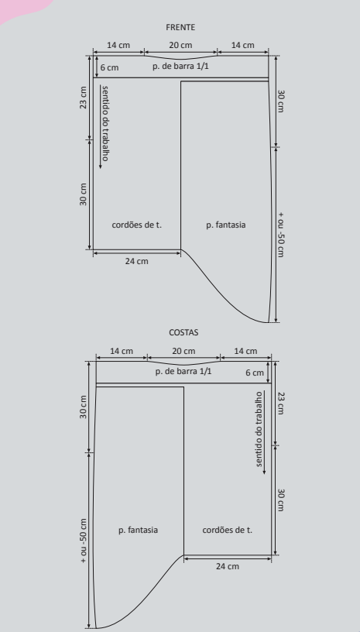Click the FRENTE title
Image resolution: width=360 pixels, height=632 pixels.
point(180,27)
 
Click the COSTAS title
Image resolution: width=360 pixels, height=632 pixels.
point(183,332)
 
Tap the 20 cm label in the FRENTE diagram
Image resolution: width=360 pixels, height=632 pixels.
point(180,45)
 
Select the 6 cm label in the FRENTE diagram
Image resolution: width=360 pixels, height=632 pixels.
point(109,67)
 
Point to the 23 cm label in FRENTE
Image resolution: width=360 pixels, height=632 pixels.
point(83,98)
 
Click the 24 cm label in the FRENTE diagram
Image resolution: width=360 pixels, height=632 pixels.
point(136,261)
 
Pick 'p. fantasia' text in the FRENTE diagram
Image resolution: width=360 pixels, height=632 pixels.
point(226,225)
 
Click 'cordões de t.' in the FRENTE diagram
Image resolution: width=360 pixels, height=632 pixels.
point(136,225)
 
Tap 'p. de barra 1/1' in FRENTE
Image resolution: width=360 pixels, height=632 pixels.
point(180,66)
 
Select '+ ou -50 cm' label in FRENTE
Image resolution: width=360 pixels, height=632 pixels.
point(281,235)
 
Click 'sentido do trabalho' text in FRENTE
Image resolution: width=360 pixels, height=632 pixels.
point(105,123)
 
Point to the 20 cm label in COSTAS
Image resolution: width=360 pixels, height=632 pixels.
point(183,351)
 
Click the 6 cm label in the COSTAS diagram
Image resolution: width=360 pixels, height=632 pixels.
point(255,373)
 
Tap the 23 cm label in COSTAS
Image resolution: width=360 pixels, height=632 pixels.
point(281,403)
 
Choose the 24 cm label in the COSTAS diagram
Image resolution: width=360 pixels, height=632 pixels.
point(228,566)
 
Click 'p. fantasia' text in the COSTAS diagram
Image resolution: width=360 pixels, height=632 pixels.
point(138,530)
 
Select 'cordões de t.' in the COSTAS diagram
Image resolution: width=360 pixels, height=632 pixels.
point(227,530)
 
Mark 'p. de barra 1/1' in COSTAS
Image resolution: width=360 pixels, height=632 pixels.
point(183,371)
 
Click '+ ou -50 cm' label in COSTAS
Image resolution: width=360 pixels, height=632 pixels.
point(83,541)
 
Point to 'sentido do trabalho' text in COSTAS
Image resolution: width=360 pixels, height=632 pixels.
point(259,429)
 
